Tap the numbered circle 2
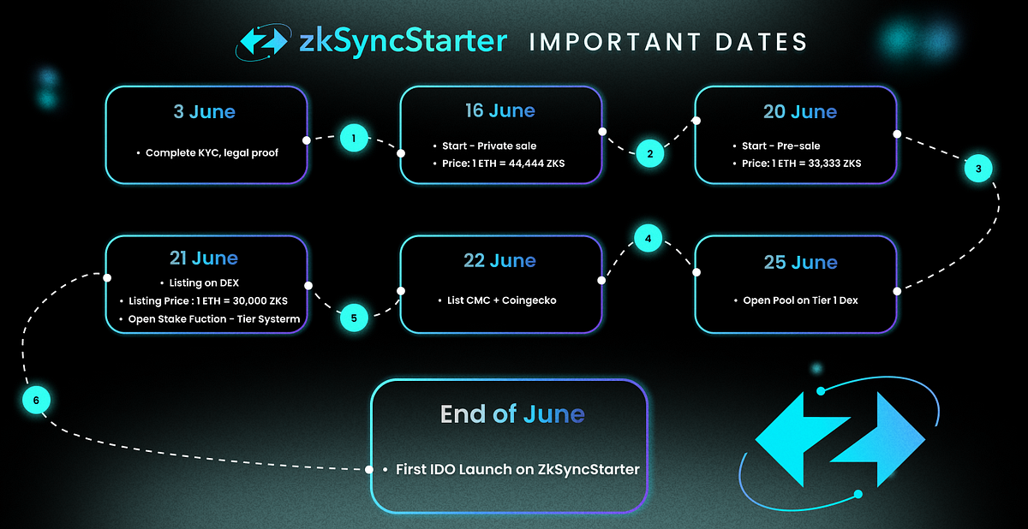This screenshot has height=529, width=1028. pyautogui.click(x=649, y=154)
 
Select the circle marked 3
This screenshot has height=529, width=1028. pyautogui.click(x=978, y=169)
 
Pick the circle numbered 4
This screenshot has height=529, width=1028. pyautogui.click(x=648, y=238)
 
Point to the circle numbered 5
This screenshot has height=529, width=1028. pyautogui.click(x=354, y=318)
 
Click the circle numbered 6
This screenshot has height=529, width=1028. pyautogui.click(x=36, y=400)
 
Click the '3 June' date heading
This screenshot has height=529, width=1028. pyautogui.click(x=206, y=111)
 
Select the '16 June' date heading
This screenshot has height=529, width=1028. pyautogui.click(x=500, y=111)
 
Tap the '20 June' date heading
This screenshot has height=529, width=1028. pyautogui.click(x=799, y=112)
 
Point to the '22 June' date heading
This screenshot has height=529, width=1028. pyautogui.click(x=499, y=260)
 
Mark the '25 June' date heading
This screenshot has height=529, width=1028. pyautogui.click(x=799, y=261)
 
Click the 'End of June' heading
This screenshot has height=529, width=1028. pyautogui.click(x=511, y=415)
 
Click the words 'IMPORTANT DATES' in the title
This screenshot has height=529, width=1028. pyautogui.click(x=668, y=42)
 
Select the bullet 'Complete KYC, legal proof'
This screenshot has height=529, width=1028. pyautogui.click(x=212, y=153)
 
